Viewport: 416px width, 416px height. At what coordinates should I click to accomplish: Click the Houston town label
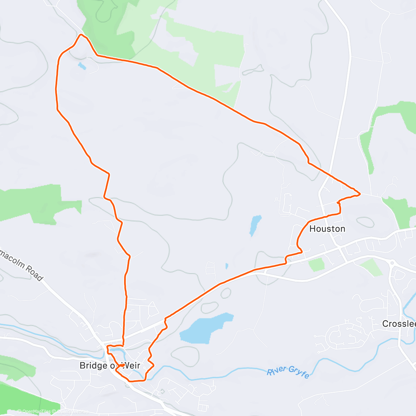click(327, 229)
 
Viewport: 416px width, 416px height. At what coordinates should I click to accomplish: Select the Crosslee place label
click(399, 324)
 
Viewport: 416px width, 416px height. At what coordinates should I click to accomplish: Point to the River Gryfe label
click(288, 372)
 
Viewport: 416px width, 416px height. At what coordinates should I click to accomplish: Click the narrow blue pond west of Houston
click(255, 225)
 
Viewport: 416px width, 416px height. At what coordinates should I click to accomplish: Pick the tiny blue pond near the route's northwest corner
click(82, 66)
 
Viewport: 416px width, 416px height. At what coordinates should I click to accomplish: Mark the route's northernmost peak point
click(81, 35)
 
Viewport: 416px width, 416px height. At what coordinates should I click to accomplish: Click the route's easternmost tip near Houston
click(360, 193)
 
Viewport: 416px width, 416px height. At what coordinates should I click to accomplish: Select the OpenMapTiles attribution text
click(34, 411)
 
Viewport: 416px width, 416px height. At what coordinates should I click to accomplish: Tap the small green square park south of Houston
click(317, 265)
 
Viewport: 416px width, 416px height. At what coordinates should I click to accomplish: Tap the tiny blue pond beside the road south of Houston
click(227, 266)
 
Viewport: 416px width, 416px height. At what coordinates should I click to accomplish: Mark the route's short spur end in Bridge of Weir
click(124, 365)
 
